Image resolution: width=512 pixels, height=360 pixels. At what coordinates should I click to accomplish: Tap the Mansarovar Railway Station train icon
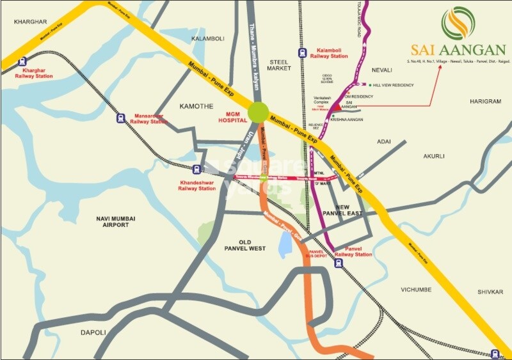[x=120, y=118]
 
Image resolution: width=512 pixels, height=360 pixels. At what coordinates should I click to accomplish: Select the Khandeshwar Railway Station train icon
[x=197, y=169]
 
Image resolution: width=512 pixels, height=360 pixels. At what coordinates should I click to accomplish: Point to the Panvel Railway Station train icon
[x=338, y=262]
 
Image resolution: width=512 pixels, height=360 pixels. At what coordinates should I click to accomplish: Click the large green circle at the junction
[x=259, y=111]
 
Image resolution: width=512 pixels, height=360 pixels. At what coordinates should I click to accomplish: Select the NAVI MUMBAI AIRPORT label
[x=116, y=222]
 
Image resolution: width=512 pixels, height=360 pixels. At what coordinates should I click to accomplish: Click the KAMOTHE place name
[x=196, y=106]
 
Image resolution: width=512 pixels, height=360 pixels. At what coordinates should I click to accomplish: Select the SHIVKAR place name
[x=490, y=292]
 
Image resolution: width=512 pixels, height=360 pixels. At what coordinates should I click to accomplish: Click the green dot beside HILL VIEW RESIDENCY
[x=369, y=85]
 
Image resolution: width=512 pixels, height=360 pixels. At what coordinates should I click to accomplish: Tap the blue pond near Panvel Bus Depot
[x=285, y=244]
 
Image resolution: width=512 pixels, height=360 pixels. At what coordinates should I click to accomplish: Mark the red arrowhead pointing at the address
[x=440, y=66]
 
